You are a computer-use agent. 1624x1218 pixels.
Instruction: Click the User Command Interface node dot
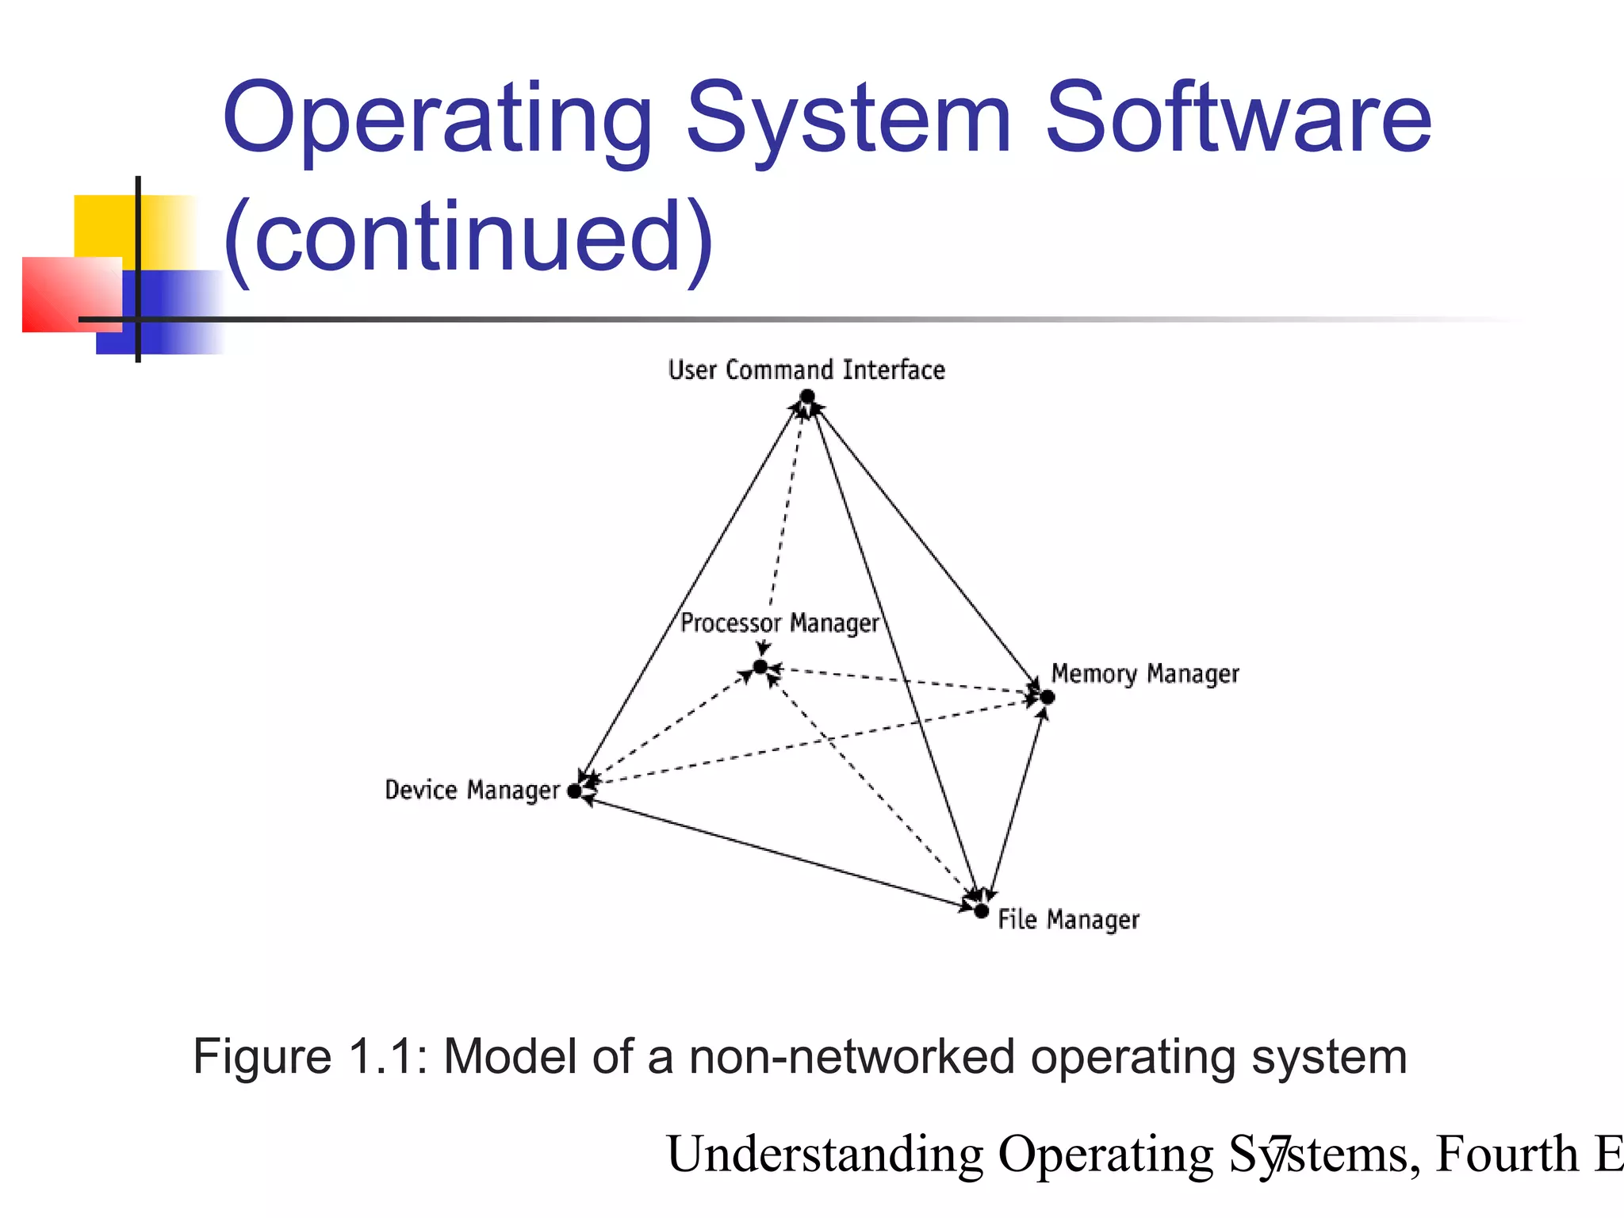pyautogui.click(x=807, y=396)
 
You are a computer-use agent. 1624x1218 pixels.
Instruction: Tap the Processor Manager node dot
pyautogui.click(x=760, y=667)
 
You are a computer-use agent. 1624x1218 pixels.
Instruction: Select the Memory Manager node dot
pyautogui.click(x=1047, y=697)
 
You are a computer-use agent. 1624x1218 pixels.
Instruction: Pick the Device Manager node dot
pyautogui.click(x=575, y=791)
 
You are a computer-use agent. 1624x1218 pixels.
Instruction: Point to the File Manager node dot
pyautogui.click(x=982, y=911)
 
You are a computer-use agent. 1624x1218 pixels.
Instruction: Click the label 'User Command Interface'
pyautogui.click(x=806, y=370)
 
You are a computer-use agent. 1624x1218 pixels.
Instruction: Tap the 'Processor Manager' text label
pyautogui.click(x=779, y=623)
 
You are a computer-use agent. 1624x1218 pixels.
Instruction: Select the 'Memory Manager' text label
pyautogui.click(x=1144, y=674)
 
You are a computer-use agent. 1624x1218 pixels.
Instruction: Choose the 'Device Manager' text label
pyautogui.click(x=472, y=791)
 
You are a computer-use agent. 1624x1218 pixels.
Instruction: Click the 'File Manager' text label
pyautogui.click(x=1068, y=920)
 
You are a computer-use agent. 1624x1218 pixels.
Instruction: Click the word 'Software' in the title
pyautogui.click(x=1238, y=119)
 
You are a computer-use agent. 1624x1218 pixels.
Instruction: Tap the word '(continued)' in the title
pyautogui.click(x=469, y=236)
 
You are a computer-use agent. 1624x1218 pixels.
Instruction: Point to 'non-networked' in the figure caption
pyautogui.click(x=852, y=1057)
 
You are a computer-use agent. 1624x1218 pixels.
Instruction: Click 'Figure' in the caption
pyautogui.click(x=262, y=1057)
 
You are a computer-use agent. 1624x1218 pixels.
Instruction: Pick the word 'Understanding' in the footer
pyautogui.click(x=825, y=1154)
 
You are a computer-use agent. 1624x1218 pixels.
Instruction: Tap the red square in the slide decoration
pyautogui.click(x=63, y=297)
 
